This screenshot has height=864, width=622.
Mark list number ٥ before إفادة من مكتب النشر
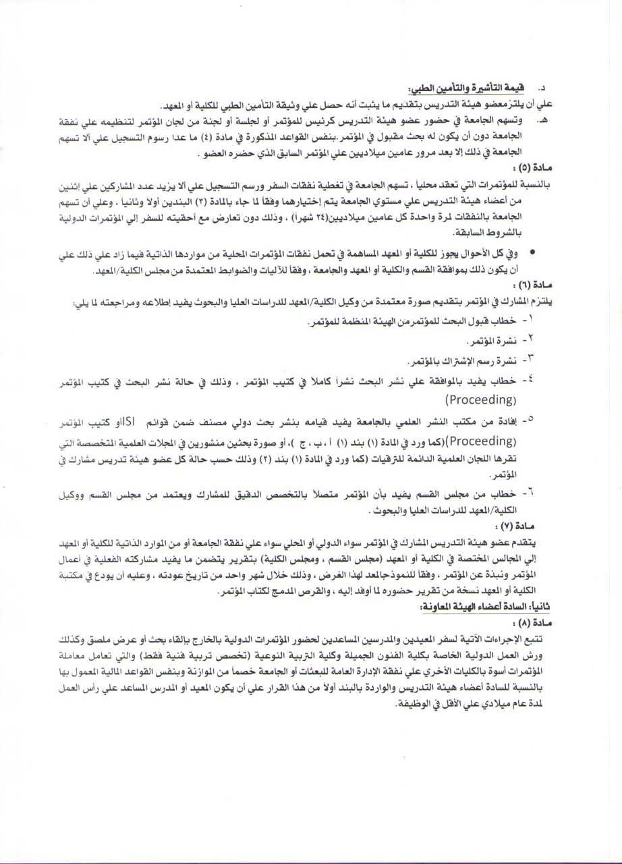coord(530,420)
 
